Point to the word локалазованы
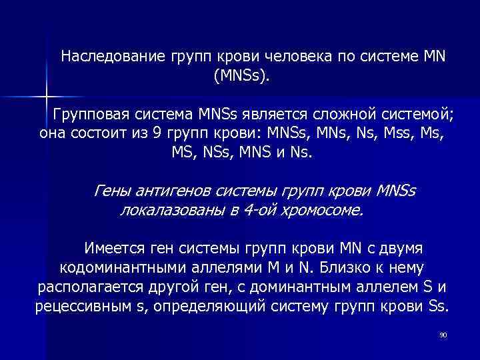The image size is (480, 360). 169,211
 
